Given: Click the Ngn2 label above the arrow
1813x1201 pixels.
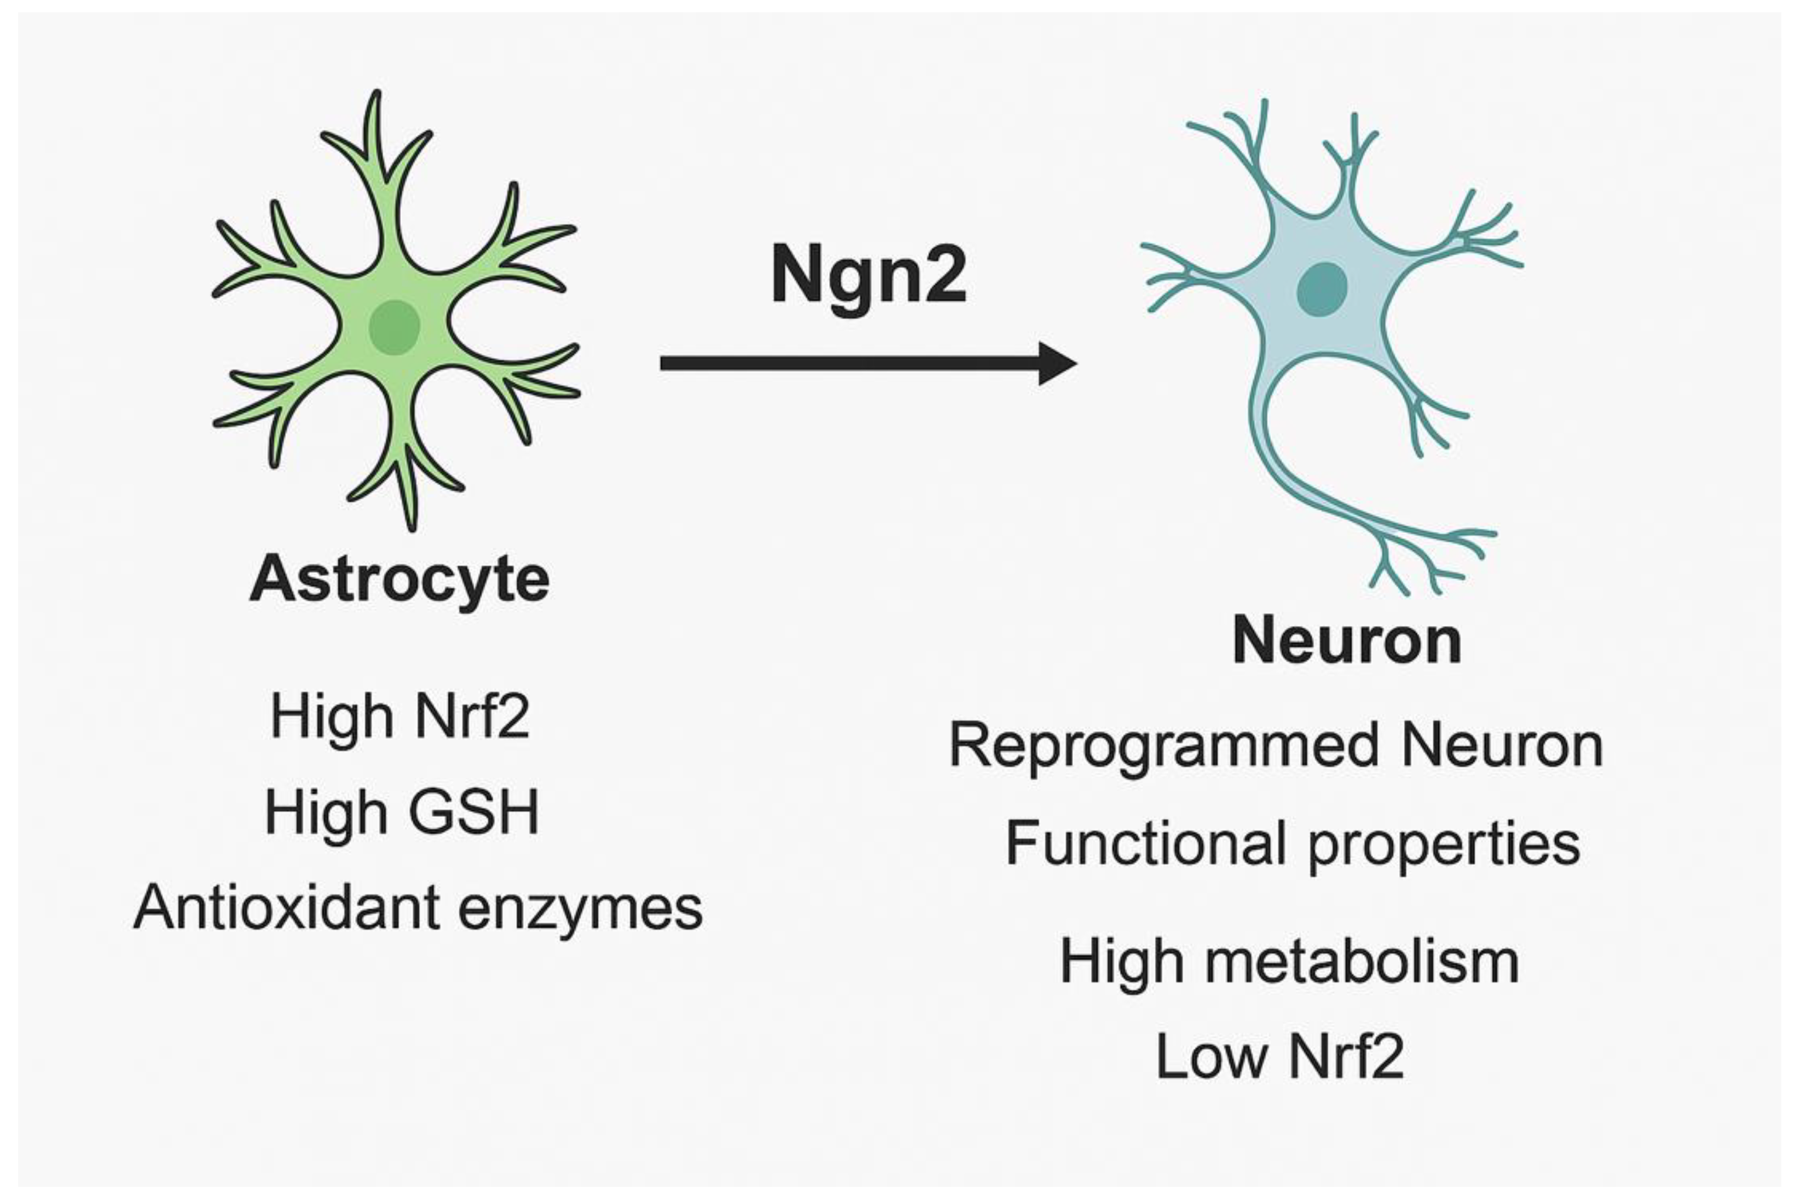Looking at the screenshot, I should [868, 276].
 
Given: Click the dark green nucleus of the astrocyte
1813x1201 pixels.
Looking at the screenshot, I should [394, 326].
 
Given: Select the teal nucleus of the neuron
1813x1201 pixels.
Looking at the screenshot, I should [1322, 289].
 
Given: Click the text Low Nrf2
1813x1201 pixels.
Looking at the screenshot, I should [1280, 1057].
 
